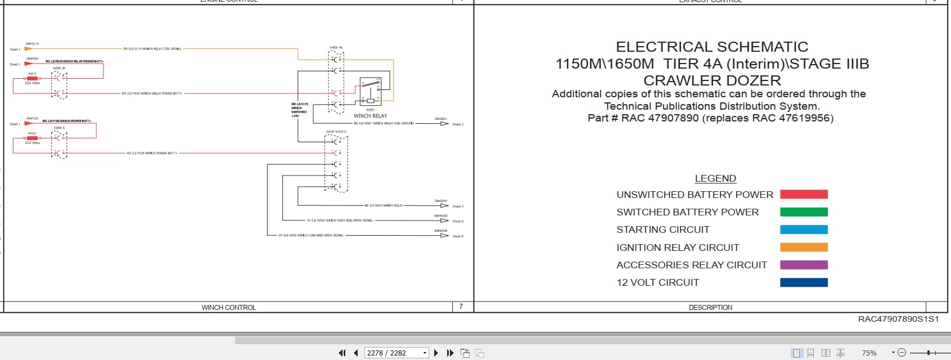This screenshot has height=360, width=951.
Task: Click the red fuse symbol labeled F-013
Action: click(32, 78)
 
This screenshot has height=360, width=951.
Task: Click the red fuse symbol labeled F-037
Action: click(32, 138)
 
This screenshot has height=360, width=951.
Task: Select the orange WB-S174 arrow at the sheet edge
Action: click(28, 49)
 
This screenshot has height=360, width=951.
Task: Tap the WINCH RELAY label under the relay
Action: click(370, 116)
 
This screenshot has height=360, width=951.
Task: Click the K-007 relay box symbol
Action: click(371, 91)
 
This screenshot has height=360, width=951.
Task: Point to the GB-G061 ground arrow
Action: click(444, 124)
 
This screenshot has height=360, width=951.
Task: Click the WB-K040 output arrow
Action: click(444, 235)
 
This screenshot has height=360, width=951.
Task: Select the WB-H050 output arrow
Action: click(444, 220)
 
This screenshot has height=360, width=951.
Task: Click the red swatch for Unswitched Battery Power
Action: click(804, 195)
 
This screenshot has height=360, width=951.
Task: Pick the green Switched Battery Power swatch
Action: click(804, 212)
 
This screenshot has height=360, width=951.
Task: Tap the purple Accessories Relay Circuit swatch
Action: click(804, 265)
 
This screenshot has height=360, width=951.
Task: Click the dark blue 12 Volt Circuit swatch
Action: click(804, 282)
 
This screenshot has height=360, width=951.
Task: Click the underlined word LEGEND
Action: click(715, 178)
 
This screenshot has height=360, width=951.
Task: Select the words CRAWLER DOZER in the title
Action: click(712, 80)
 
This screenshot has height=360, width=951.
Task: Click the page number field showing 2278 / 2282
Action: click(393, 353)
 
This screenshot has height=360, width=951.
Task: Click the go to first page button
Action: click(342, 353)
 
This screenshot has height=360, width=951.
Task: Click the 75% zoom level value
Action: click(869, 353)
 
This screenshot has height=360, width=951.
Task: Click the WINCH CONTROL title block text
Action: click(228, 307)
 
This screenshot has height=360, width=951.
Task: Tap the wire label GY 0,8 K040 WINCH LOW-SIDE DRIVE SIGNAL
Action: click(311, 235)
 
